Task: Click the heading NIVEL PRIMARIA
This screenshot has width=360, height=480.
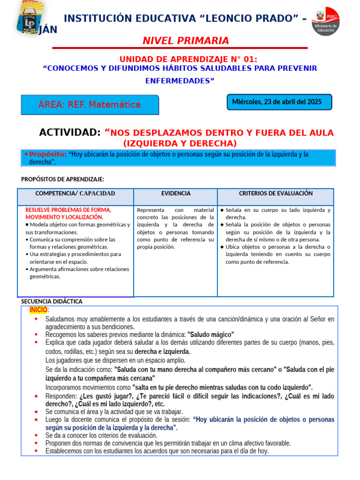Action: coord(186,41)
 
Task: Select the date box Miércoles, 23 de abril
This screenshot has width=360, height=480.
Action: coord(279,102)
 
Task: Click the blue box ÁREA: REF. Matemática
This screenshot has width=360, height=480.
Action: coord(90,105)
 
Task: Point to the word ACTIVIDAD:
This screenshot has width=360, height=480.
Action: coord(69,133)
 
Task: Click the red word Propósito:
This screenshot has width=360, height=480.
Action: coord(48,154)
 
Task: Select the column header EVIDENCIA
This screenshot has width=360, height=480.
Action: coord(176,194)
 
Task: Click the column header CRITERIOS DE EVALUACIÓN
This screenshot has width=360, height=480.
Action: coord(276,194)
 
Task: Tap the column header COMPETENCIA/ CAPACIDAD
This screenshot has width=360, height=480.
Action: coord(75,194)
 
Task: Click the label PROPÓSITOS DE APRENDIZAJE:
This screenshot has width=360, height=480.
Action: coord(62,179)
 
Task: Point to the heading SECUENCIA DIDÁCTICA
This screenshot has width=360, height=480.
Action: coord(52,301)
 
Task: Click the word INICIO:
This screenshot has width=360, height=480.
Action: coord(39,310)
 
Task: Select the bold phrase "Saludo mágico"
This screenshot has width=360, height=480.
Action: coord(210,335)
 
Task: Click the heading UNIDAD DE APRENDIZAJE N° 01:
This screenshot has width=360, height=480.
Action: coord(188,59)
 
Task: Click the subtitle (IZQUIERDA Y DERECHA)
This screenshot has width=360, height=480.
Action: coord(180,143)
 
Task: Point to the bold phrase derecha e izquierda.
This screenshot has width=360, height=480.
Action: coord(162,352)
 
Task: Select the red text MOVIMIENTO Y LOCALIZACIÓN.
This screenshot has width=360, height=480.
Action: coord(64,217)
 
